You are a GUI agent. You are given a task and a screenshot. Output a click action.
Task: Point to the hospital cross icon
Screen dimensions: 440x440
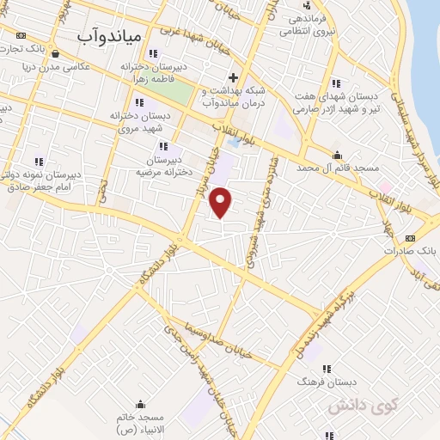(x=233, y=77)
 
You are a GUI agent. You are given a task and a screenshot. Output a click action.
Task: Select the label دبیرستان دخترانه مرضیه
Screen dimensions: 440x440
(x=162, y=166)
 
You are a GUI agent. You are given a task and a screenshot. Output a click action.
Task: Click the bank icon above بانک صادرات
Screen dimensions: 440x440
(x=409, y=238)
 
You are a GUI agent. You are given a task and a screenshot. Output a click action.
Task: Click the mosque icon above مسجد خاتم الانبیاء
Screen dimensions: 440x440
(x=141, y=404)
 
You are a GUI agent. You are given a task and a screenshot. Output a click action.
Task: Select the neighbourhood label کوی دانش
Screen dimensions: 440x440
(x=352, y=404)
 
